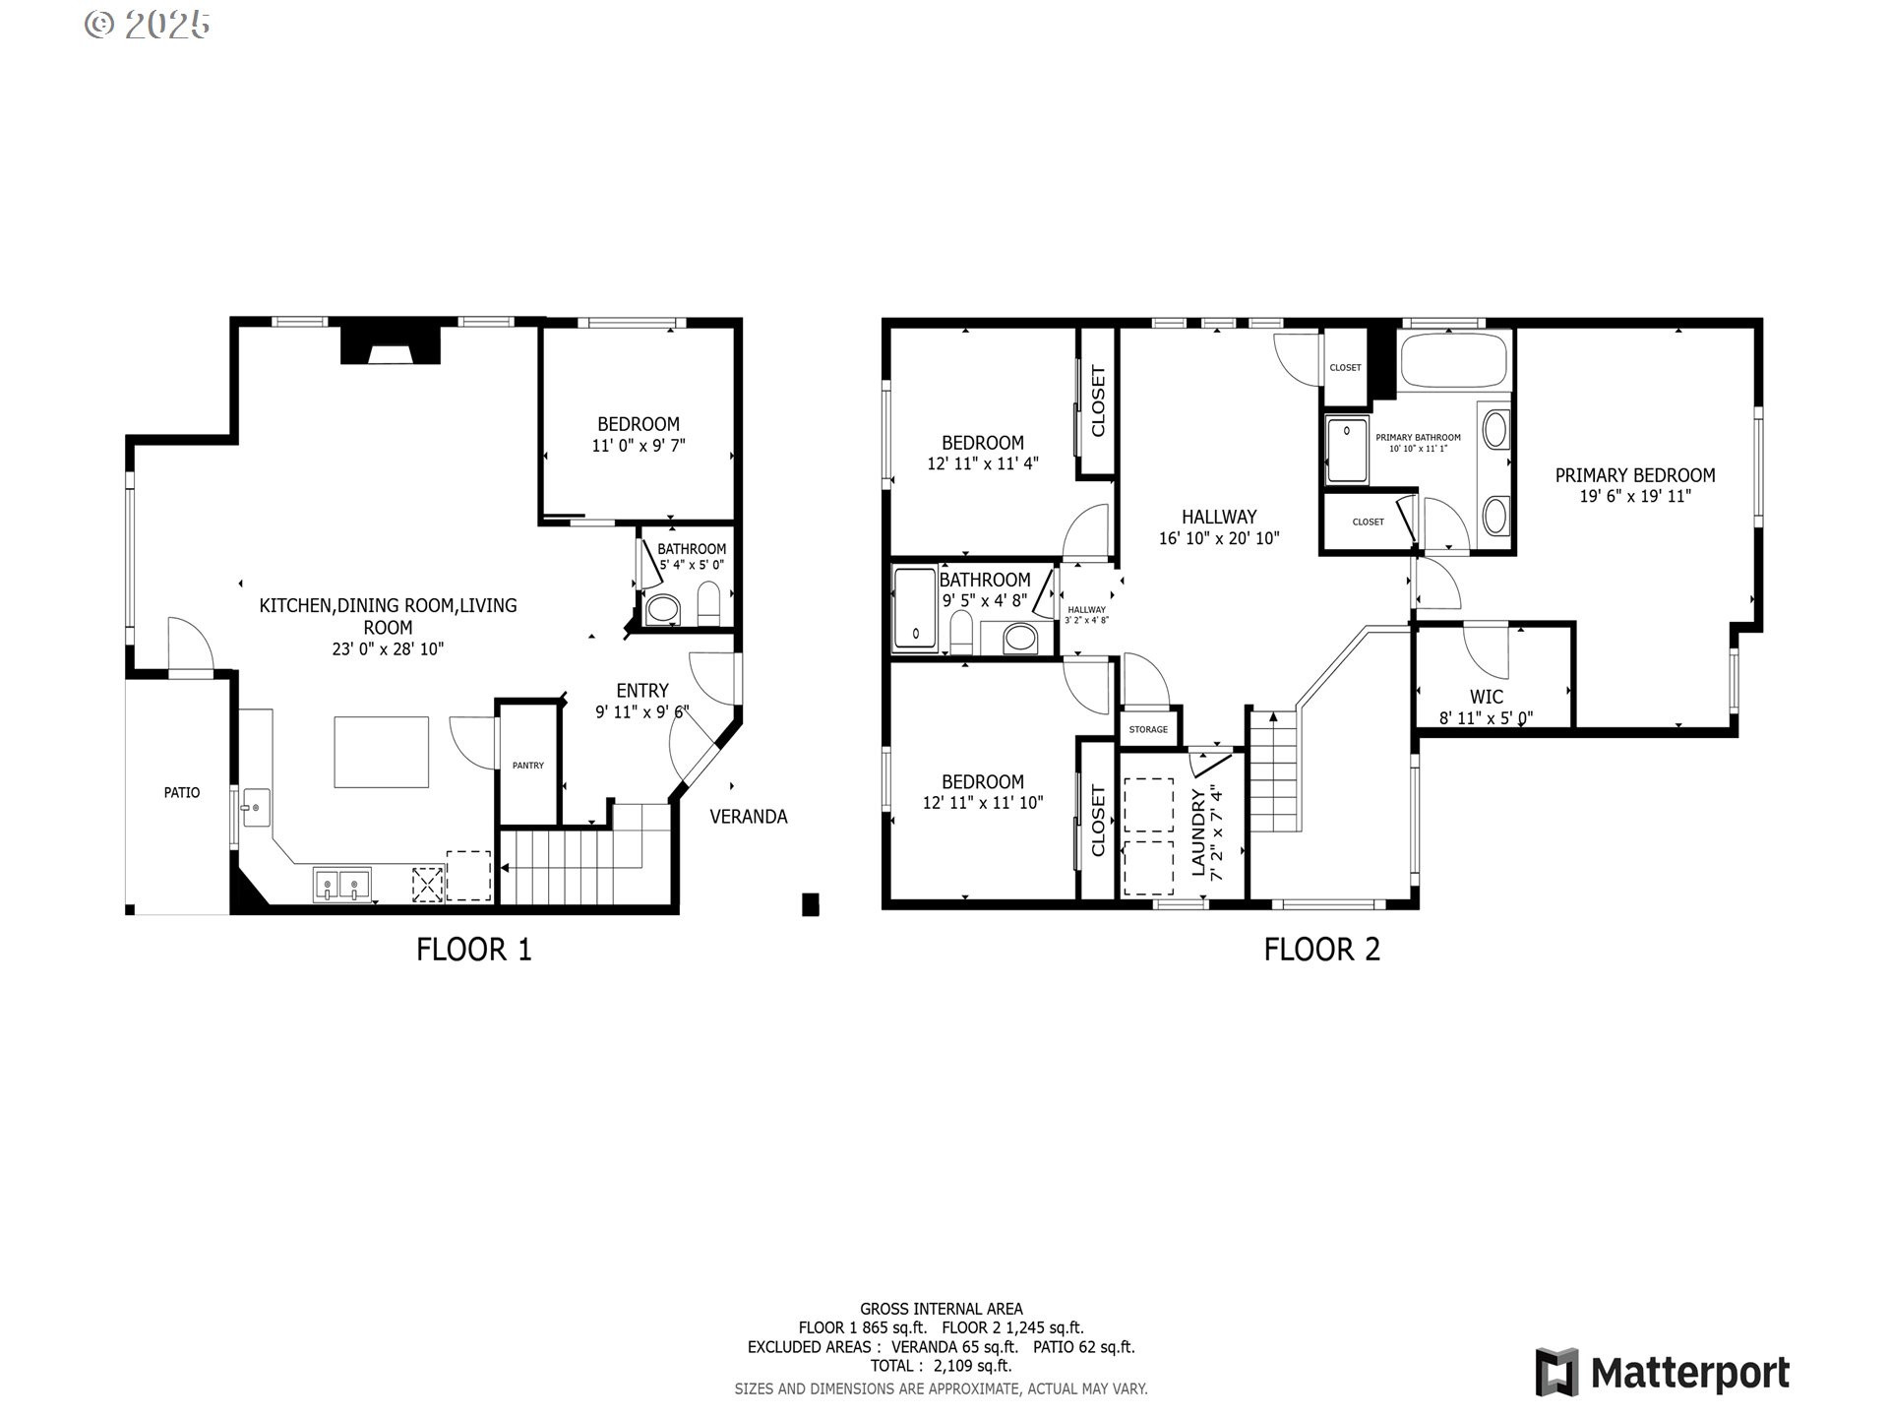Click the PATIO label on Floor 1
tap(182, 792)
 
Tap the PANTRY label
tap(528, 766)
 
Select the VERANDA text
tap(749, 817)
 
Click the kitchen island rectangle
tap(382, 752)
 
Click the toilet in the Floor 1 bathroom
tap(708, 603)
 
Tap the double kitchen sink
tap(342, 885)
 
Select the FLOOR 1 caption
tap(474, 950)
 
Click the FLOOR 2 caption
tap(1322, 950)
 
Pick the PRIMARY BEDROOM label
tap(1635, 475)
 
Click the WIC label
tap(1487, 698)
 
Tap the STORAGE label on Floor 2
tap(1149, 729)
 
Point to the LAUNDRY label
tap(1198, 832)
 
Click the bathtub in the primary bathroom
tap(1454, 361)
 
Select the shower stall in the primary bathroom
tap(1347, 450)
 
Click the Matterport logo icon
tap(1557, 1372)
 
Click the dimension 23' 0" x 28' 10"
tap(388, 649)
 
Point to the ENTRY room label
tap(642, 691)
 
